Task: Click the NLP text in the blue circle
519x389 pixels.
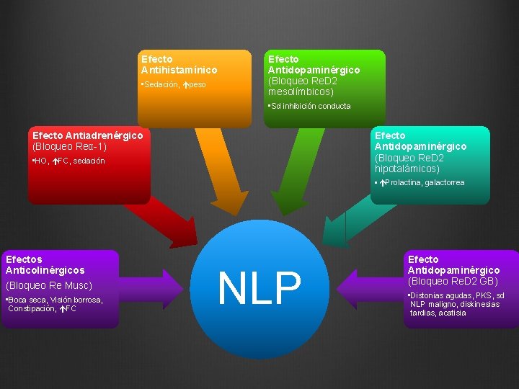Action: (x=259, y=288)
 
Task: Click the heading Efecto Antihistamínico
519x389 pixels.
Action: (x=179, y=64)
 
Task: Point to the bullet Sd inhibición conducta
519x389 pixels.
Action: (x=310, y=106)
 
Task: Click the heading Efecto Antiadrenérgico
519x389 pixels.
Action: (x=88, y=135)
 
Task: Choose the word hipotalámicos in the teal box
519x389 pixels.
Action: (x=407, y=169)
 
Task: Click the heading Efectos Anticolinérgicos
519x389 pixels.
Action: (x=45, y=264)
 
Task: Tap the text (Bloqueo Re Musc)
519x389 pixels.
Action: (x=49, y=285)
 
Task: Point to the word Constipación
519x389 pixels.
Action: (x=32, y=308)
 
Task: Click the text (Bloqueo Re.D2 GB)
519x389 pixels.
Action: (x=453, y=280)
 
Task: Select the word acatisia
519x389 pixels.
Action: (x=451, y=313)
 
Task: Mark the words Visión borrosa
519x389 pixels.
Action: (x=76, y=300)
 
